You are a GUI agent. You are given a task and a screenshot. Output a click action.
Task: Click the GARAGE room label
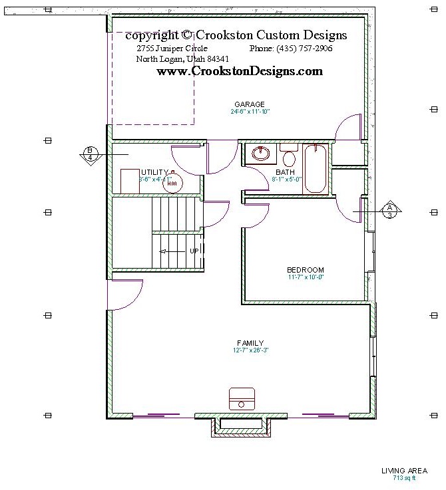pyautogui.click(x=250, y=104)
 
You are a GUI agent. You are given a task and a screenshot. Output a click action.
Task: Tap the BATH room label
pyautogui.click(x=285, y=172)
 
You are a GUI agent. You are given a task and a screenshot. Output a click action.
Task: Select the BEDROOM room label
pyautogui.click(x=305, y=270)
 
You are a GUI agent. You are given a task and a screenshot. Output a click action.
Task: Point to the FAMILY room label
pyautogui.click(x=250, y=343)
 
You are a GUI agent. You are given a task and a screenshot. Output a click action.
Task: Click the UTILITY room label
pyautogui.click(x=155, y=172)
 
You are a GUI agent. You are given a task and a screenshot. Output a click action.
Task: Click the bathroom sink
pyautogui.click(x=261, y=154)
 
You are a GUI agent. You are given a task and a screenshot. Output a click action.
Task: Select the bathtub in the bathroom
pyautogui.click(x=316, y=169)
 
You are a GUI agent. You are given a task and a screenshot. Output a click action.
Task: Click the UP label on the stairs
pyautogui.click(x=194, y=251)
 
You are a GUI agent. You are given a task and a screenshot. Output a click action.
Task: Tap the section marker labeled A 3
pyautogui.click(x=390, y=209)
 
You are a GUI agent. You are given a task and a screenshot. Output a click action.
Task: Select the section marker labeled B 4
pyautogui.click(x=90, y=153)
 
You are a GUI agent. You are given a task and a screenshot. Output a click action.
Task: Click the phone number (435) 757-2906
pyautogui.click(x=291, y=49)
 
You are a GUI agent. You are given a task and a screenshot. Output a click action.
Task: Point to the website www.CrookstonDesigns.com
pyautogui.click(x=240, y=71)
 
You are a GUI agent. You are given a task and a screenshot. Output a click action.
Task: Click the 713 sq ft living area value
pyautogui.click(x=404, y=478)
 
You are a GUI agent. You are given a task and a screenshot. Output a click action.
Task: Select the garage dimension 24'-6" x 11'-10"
pyautogui.click(x=250, y=112)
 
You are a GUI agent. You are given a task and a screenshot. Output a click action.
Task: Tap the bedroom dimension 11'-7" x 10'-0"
pyautogui.click(x=305, y=277)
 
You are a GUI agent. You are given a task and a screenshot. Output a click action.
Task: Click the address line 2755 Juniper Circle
pyautogui.click(x=172, y=49)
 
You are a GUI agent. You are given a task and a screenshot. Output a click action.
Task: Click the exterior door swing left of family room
pyautogui.click(x=126, y=295)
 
